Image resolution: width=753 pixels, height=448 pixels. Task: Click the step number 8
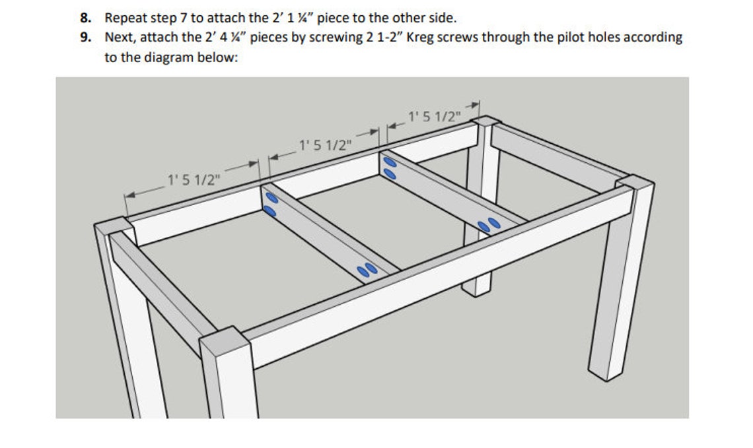click(85, 18)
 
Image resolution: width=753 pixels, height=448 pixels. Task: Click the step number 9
click(85, 37)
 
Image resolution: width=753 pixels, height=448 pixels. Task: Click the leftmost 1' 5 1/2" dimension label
click(194, 179)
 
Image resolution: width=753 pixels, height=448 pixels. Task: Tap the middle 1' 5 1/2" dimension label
click(322, 144)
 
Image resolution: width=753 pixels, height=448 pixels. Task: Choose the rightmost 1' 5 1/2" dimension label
click(433, 117)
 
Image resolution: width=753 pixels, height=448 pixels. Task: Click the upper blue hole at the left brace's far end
click(269, 197)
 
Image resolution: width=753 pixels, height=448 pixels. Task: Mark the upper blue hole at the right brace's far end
click(389, 162)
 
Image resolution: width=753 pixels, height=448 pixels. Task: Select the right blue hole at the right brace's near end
click(492, 223)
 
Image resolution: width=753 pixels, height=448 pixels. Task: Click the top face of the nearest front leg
click(224, 337)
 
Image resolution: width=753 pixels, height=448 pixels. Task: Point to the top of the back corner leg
click(486, 122)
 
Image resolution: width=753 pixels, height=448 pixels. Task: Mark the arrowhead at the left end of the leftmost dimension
click(129, 195)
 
